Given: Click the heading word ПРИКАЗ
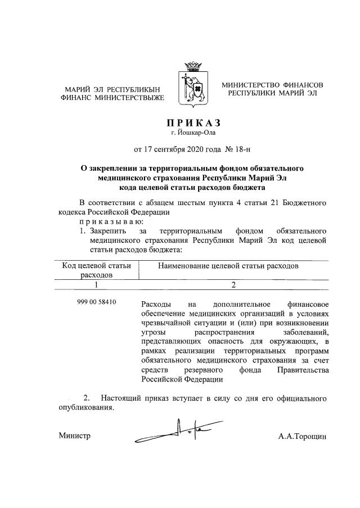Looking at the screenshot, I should (x=193, y=123).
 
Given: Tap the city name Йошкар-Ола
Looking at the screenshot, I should (x=196, y=133).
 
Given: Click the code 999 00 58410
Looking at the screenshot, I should (x=97, y=302).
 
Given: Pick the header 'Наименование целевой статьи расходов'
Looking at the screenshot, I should (x=228, y=265).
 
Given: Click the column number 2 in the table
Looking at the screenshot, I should (x=233, y=285).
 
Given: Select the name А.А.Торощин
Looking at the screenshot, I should (x=302, y=436).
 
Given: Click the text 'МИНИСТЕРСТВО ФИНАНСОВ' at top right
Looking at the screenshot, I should (x=272, y=85).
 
